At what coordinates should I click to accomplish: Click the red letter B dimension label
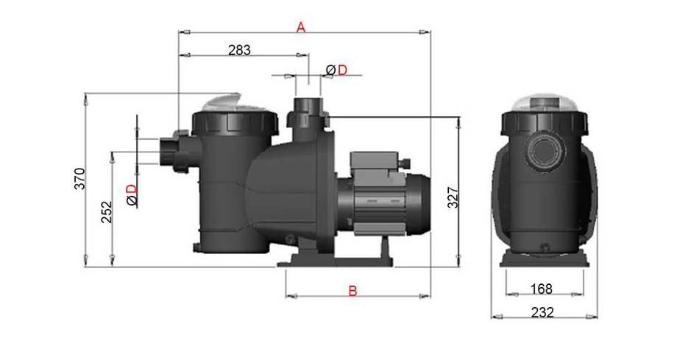(x=352, y=292)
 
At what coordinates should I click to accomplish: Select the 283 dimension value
(x=239, y=50)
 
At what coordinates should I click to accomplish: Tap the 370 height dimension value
(x=80, y=179)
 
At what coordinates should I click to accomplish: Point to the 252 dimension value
(x=106, y=212)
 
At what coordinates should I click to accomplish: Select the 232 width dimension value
(x=542, y=312)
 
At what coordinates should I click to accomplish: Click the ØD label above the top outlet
(x=336, y=69)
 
